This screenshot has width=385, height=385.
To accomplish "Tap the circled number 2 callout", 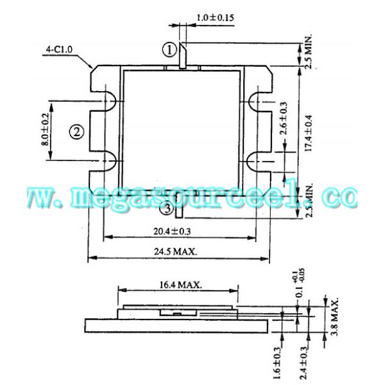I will click(x=76, y=132).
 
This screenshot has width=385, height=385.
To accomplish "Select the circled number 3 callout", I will click(x=166, y=208).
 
